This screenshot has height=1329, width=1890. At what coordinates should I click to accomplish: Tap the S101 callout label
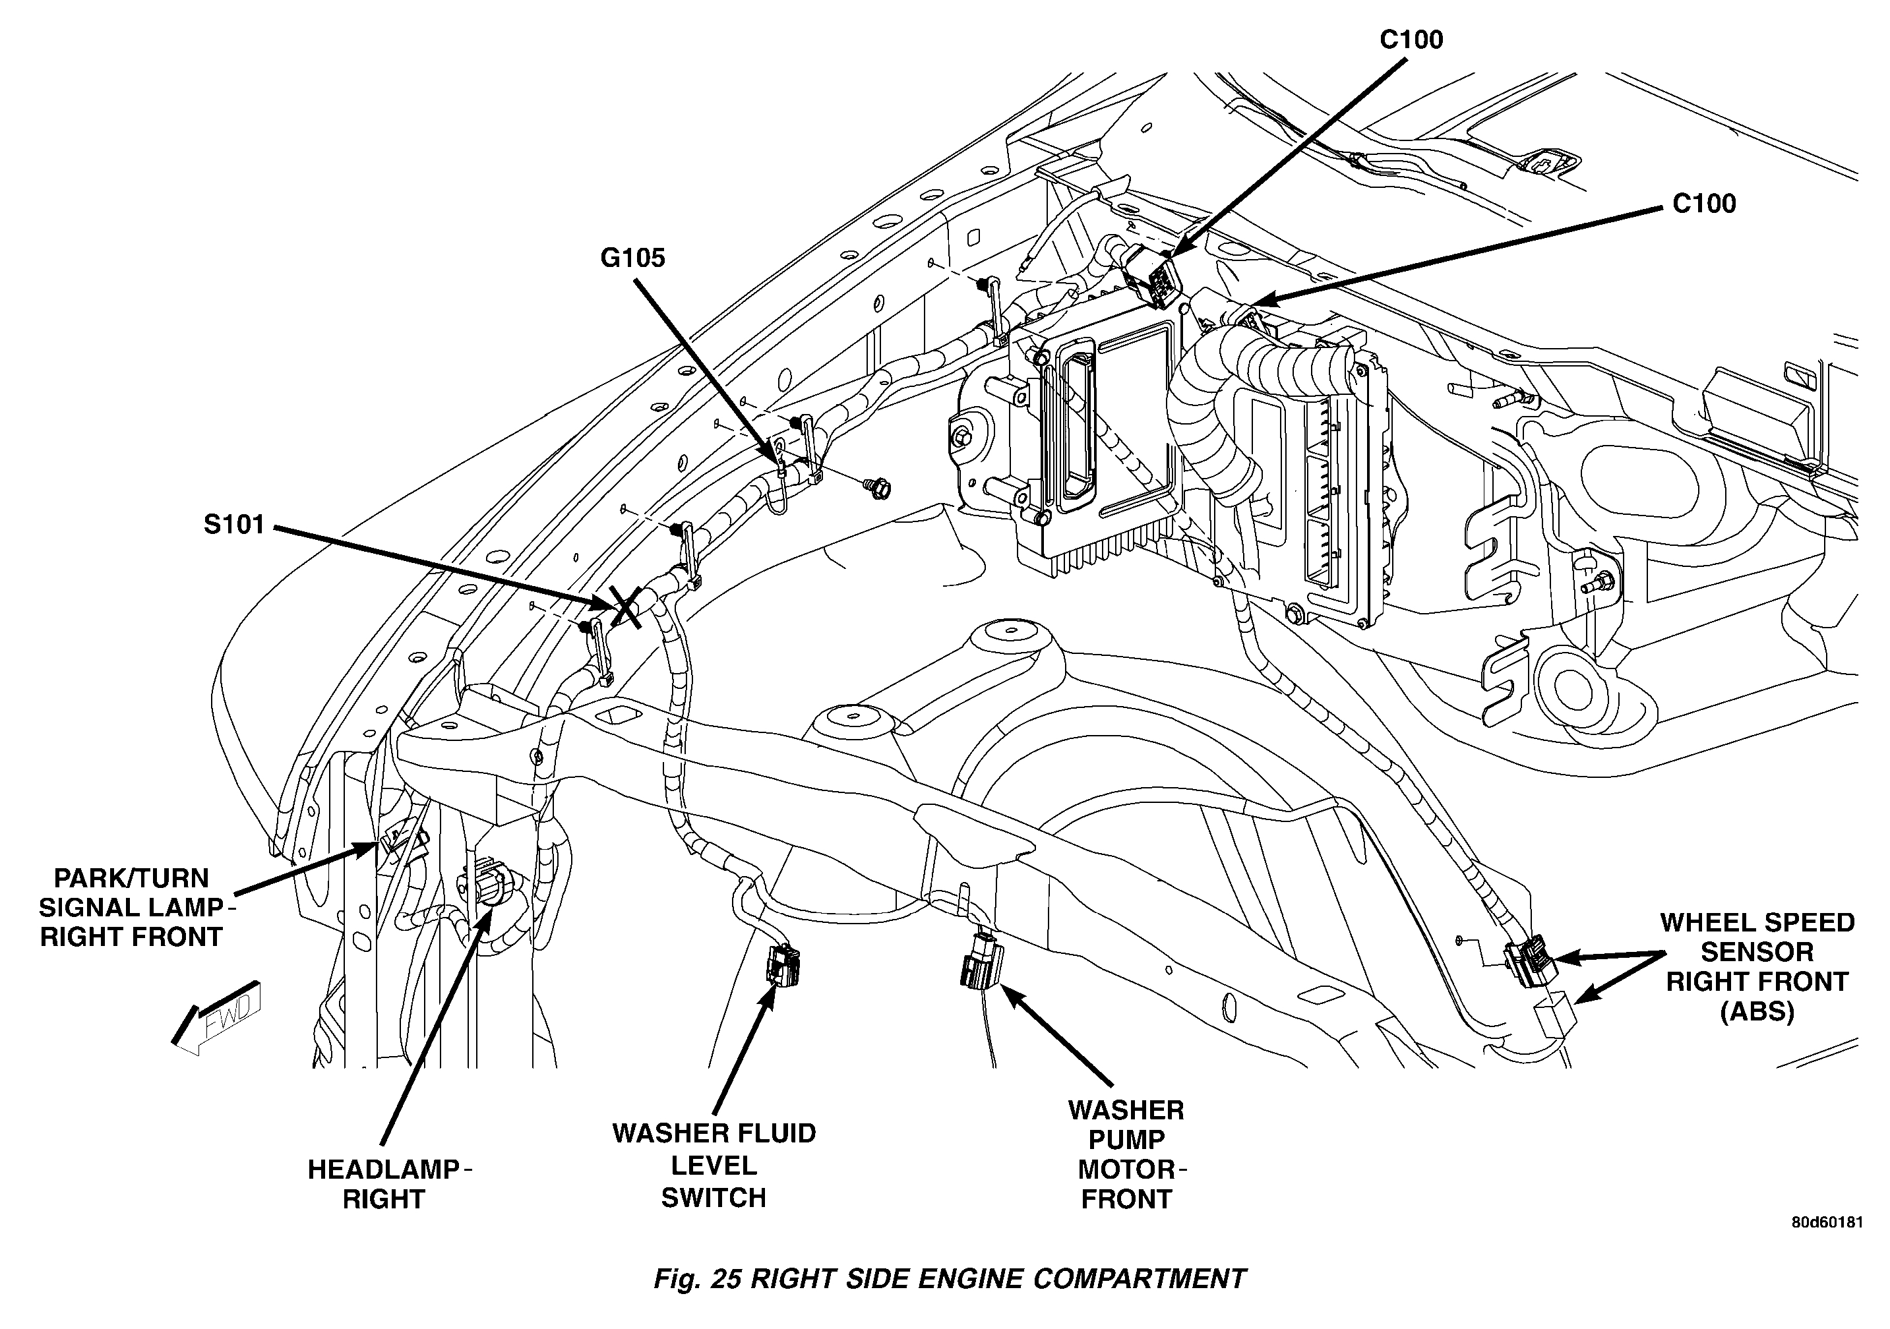coord(234,524)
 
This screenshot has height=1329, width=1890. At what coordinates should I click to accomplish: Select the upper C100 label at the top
coord(1411,40)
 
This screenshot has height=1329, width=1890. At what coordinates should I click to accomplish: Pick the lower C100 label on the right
coord(1703,203)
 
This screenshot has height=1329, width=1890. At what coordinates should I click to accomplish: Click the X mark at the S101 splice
coord(625,607)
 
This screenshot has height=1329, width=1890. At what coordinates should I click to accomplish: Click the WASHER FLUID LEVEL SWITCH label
coord(714,1166)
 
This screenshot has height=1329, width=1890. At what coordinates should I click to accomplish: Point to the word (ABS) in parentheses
coord(1757,1011)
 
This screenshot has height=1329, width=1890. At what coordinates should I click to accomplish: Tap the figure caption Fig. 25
coord(698,1279)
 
